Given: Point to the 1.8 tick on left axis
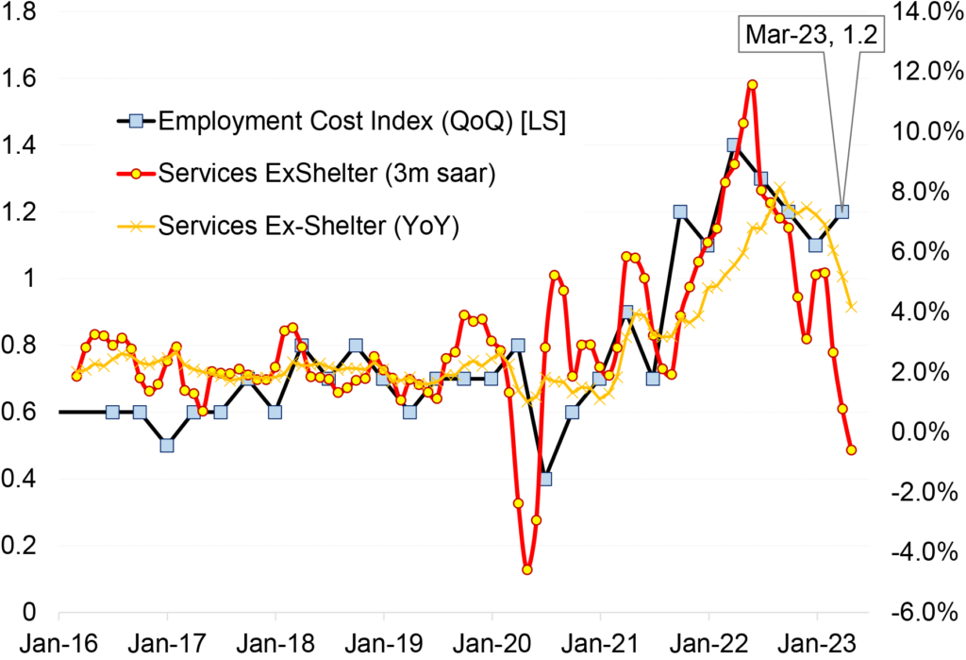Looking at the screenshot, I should [x=21, y=12].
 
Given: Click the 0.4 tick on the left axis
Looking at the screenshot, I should [x=21, y=479].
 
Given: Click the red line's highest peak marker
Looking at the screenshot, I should [x=752, y=85].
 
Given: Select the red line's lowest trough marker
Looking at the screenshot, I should [x=527, y=569].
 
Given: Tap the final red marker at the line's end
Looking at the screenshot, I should [x=852, y=450].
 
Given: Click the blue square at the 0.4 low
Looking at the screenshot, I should [x=545, y=479].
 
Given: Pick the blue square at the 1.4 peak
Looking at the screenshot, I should [x=733, y=145].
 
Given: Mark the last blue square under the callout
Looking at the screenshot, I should [x=841, y=212].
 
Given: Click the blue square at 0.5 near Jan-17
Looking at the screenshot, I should [x=167, y=446].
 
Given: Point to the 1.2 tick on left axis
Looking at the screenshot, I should [x=21, y=212].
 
